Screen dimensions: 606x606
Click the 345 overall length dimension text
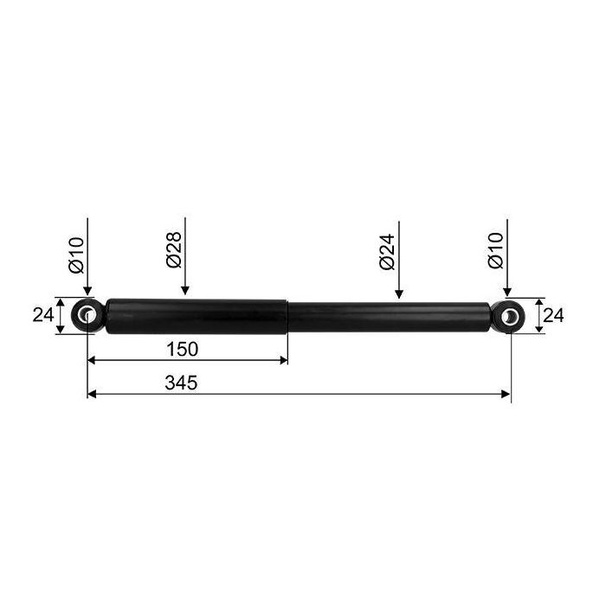(x=181, y=383)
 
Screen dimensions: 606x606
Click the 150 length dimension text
(x=182, y=349)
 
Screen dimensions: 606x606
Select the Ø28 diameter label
(x=174, y=249)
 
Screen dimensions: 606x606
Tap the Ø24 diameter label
(x=387, y=251)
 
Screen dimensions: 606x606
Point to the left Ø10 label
(x=76, y=255)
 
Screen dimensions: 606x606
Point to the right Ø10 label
(x=496, y=250)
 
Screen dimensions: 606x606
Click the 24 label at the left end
(x=43, y=315)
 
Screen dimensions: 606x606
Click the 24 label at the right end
(x=553, y=316)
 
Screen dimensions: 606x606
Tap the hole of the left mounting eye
(x=87, y=313)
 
